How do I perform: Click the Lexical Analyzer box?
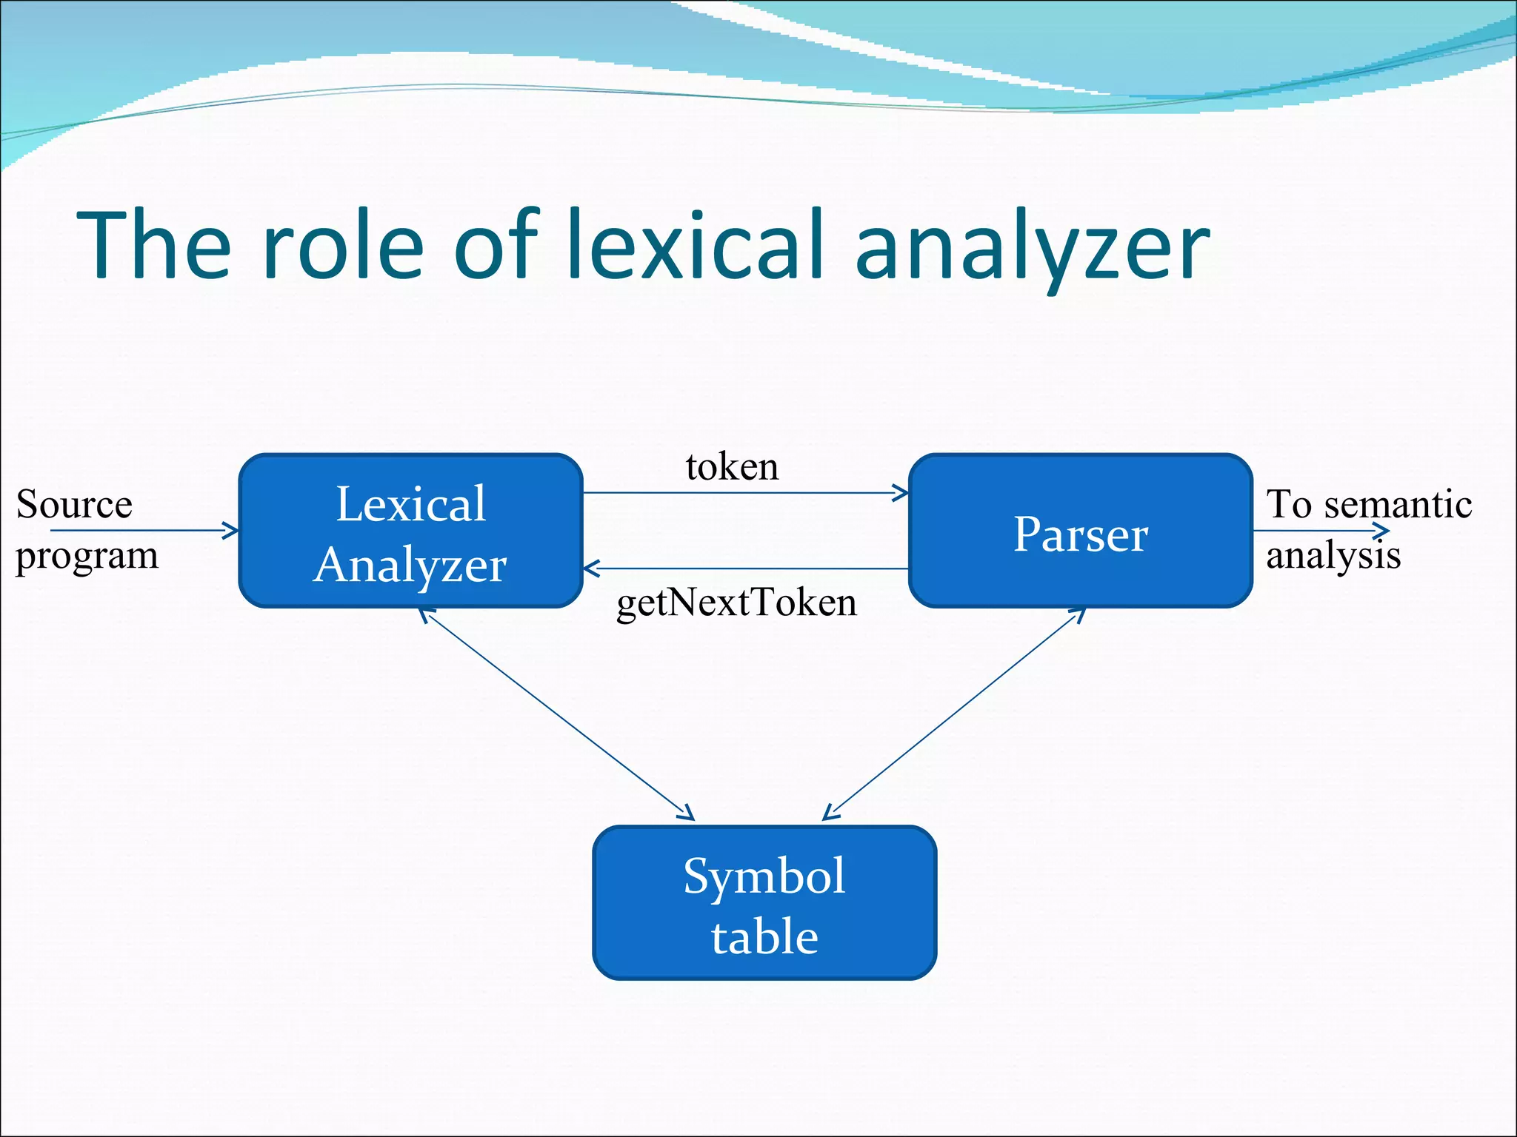click(410, 531)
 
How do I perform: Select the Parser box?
click(1080, 531)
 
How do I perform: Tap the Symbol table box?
click(764, 902)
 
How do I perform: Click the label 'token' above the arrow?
click(732, 467)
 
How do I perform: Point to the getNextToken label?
click(736, 603)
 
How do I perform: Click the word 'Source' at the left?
click(74, 505)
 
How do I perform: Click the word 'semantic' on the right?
click(1398, 505)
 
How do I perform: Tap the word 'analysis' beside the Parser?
click(1333, 555)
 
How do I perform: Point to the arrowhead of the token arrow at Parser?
click(901, 493)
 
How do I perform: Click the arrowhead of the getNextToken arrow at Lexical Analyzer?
click(591, 568)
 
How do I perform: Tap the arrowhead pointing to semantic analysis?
click(1382, 531)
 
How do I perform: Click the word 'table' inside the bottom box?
click(764, 937)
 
